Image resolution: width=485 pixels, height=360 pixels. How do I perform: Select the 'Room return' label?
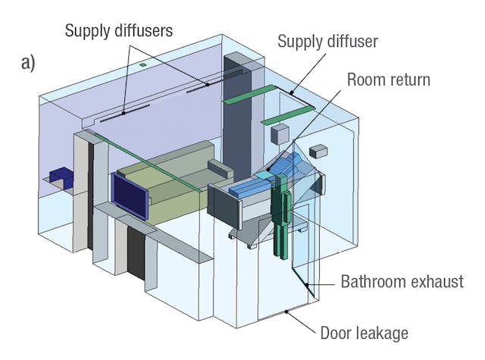pyautogui.click(x=387, y=78)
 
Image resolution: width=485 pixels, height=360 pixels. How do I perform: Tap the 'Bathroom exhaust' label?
pyautogui.click(x=401, y=282)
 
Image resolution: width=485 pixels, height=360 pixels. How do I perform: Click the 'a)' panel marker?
pyautogui.click(x=28, y=63)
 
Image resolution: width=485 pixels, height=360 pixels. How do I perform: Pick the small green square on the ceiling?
pyautogui.click(x=142, y=67)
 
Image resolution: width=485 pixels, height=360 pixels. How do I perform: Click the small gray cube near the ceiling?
pyautogui.click(x=280, y=135)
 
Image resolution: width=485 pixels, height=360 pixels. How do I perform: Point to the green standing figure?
pyautogui.click(x=281, y=212)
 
